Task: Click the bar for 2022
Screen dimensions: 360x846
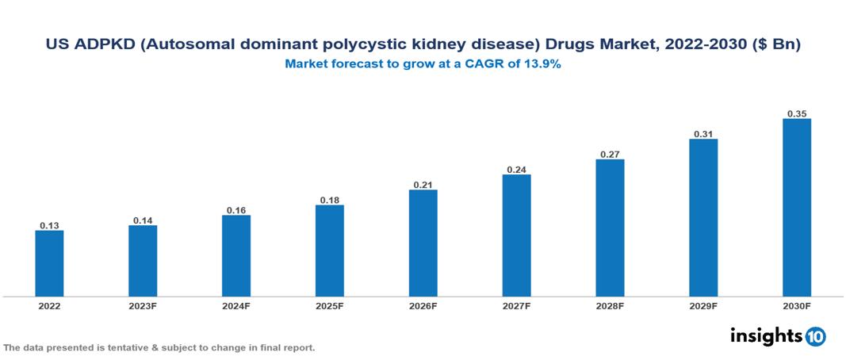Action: click(x=49, y=263)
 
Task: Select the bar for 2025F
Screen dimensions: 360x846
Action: click(x=329, y=251)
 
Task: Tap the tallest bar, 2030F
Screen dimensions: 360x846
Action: click(x=796, y=208)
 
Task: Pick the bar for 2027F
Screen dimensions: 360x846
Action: click(x=516, y=236)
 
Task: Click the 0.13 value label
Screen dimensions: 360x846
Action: click(x=49, y=226)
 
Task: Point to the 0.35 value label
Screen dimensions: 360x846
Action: click(x=796, y=114)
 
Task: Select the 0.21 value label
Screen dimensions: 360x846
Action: click(x=423, y=185)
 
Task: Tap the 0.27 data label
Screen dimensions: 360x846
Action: click(x=610, y=155)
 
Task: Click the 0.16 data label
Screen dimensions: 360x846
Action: click(x=236, y=210)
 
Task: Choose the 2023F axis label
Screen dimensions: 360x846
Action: click(x=143, y=306)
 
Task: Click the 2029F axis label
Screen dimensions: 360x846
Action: click(x=702, y=306)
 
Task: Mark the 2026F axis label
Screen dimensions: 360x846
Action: click(x=423, y=306)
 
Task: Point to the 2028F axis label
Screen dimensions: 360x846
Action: click(x=610, y=306)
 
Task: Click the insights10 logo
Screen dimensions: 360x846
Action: click(x=777, y=336)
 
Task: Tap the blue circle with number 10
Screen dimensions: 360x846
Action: click(x=815, y=337)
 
